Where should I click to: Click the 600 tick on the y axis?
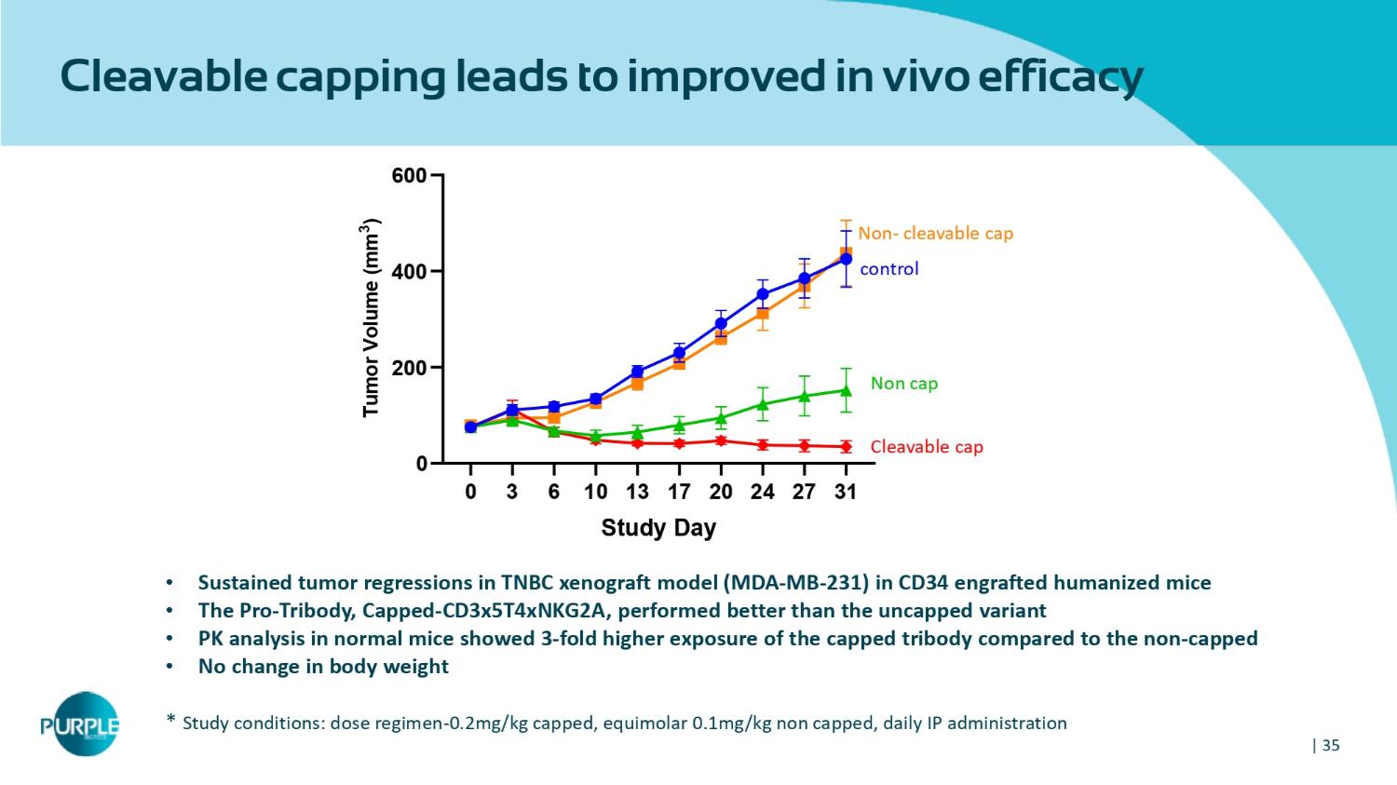[409, 175]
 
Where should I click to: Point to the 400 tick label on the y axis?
[409, 272]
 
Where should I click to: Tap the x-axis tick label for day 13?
[637, 492]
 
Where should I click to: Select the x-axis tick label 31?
[846, 492]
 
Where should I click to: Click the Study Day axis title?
[658, 528]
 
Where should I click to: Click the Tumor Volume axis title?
[371, 318]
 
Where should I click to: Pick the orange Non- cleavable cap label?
[935, 233]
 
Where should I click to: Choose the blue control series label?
[888, 269]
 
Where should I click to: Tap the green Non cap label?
[903, 383]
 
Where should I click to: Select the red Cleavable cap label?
[926, 447]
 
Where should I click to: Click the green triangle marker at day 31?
[846, 390]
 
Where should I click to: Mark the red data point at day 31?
[846, 447]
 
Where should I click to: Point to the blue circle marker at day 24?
[763, 294]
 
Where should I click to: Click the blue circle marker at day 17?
[679, 353]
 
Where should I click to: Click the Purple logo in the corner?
[80, 724]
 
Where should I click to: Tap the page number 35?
[1330, 745]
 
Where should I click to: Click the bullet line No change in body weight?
[323, 667]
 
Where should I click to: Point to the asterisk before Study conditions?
[170, 720]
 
